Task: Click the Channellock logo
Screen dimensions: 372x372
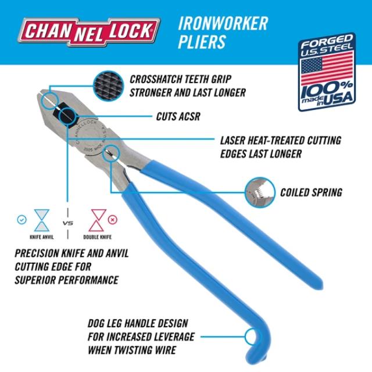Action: click(88, 30)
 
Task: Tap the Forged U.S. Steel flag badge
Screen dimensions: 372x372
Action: click(327, 73)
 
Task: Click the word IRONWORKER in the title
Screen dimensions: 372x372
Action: click(224, 23)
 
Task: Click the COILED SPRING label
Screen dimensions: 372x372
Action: click(319, 191)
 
